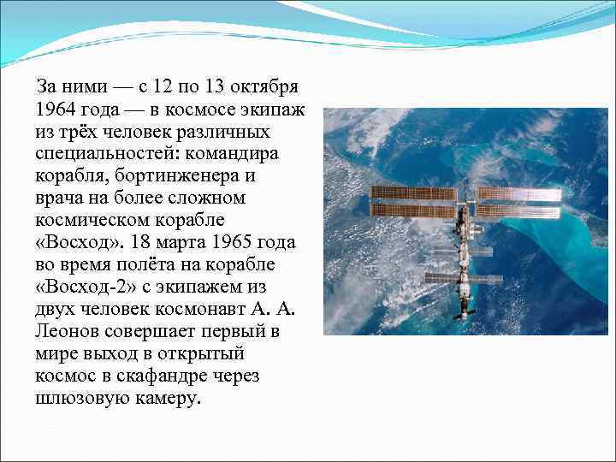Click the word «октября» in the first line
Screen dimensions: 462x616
[260, 88]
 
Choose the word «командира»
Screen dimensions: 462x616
[236, 154]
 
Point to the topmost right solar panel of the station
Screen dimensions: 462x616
[518, 193]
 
